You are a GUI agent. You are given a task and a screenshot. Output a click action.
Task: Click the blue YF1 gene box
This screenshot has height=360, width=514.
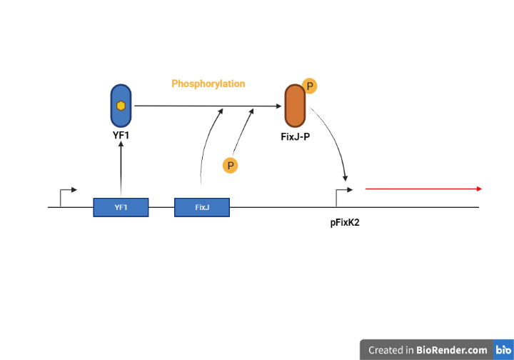[x=121, y=207]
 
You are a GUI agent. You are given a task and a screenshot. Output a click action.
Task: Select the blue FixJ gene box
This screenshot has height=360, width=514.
[x=202, y=207]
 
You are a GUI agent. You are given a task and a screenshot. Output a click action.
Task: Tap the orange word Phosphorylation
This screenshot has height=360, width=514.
[x=208, y=84]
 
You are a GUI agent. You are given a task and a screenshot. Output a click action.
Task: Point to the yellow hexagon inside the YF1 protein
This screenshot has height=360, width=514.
[x=121, y=106]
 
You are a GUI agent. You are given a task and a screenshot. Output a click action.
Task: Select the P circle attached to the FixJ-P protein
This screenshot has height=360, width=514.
[x=310, y=86]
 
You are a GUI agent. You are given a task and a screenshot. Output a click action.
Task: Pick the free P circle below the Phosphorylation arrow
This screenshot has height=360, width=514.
[x=230, y=166]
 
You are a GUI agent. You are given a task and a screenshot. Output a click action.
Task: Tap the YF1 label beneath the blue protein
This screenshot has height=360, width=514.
[x=121, y=133]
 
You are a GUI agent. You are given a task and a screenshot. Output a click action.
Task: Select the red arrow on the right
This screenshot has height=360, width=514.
[x=423, y=189]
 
